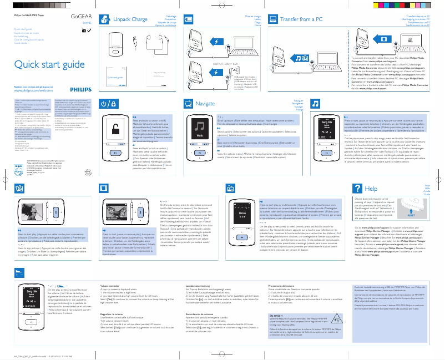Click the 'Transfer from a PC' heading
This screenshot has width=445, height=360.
coord(302,19)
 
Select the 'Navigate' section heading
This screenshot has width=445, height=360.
coord(205,104)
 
